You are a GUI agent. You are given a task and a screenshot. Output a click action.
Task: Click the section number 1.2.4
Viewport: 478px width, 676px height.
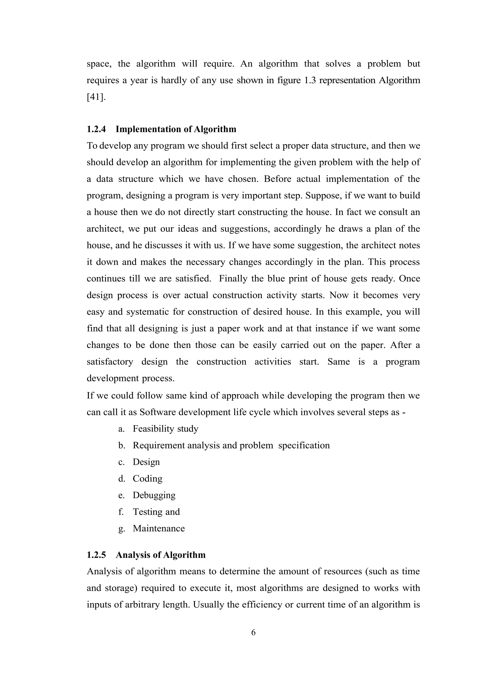(x=96, y=129)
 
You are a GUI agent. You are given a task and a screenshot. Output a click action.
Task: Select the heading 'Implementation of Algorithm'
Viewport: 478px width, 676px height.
(x=176, y=129)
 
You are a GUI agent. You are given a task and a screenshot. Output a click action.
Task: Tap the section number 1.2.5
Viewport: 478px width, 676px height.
(x=96, y=555)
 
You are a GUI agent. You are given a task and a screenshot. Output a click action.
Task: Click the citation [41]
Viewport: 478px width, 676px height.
(x=96, y=97)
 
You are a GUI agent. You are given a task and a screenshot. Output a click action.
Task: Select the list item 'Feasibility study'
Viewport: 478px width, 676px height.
(x=165, y=428)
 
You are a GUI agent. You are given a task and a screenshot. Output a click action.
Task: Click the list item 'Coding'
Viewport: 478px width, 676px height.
(x=148, y=479)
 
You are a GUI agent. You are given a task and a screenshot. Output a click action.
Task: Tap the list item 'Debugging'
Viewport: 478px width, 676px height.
(x=154, y=495)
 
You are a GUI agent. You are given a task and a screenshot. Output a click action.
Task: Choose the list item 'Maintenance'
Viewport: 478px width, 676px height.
(x=159, y=528)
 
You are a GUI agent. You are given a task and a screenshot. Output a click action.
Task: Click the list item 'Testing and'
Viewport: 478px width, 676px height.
(x=156, y=512)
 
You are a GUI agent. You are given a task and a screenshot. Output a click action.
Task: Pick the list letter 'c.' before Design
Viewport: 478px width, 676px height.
(x=122, y=462)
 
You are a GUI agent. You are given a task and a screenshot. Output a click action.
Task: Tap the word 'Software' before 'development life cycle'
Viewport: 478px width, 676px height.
(x=158, y=412)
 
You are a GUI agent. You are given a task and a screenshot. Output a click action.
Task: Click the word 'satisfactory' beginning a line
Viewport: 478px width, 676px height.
(x=110, y=362)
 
